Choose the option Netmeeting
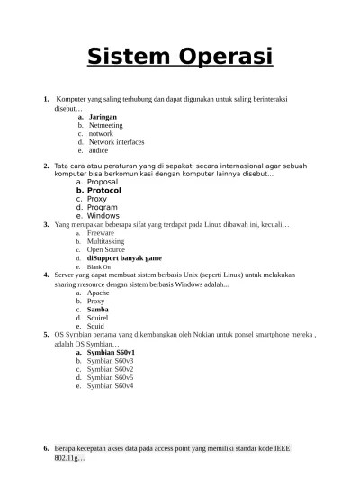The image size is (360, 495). [x=106, y=125]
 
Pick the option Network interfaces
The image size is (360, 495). [x=116, y=142]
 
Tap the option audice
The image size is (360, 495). [x=98, y=150]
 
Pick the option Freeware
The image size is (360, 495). [x=101, y=233]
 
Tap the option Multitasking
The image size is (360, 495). [x=105, y=241]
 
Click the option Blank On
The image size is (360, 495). [x=99, y=267]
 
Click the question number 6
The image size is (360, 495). [x=46, y=448]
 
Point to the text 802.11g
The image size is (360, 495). [x=68, y=458]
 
